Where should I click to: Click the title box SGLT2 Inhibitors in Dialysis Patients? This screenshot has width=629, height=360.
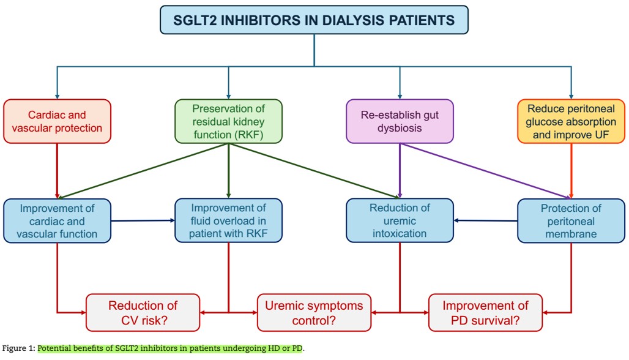tap(314, 20)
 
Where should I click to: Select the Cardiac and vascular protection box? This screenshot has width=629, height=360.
tap(57, 121)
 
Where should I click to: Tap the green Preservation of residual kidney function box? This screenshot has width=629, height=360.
tap(228, 121)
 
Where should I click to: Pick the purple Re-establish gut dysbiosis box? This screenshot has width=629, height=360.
tap(400, 121)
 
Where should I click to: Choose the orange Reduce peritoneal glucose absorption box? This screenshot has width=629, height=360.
tap(571, 121)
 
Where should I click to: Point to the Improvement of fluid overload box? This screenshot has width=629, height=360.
tap(228, 220)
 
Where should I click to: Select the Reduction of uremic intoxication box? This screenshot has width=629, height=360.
tap(400, 220)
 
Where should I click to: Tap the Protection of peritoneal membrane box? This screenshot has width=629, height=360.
tap(571, 220)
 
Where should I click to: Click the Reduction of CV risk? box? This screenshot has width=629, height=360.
tap(143, 312)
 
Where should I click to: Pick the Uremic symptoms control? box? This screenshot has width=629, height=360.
tap(314, 312)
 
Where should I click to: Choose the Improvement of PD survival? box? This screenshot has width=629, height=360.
tap(485, 312)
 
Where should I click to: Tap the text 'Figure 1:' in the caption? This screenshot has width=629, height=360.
tap(18, 348)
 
